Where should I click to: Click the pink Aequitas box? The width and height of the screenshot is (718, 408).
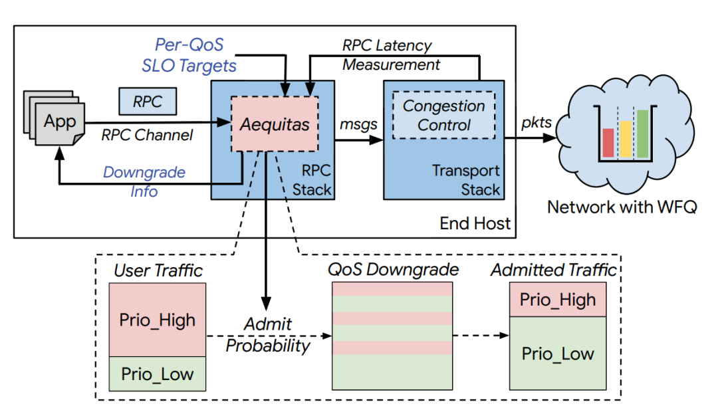coord(275,125)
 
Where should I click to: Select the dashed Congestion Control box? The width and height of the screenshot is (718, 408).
coord(444,115)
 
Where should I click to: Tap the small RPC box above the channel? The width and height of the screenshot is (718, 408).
coord(148,102)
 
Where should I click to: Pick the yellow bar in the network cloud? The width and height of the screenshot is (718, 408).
coord(625,140)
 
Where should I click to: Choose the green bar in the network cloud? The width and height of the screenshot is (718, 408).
coord(642,134)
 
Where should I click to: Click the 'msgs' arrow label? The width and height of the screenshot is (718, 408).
coord(358,124)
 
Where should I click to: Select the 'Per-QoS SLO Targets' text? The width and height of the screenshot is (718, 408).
coord(189,55)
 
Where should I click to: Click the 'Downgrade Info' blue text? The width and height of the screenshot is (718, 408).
coord(144,181)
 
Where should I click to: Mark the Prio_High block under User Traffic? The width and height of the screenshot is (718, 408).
coord(157,320)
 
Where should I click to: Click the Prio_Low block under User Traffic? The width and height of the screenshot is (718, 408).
coord(157,374)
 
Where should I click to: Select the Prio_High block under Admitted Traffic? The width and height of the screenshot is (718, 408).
coord(558,300)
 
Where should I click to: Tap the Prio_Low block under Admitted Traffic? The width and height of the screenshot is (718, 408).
coord(558,354)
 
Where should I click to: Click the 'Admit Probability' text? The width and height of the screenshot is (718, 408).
coord(267,335)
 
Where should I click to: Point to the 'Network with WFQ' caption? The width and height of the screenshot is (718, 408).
coord(622,207)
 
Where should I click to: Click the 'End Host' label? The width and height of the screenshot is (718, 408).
coord(475,223)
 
